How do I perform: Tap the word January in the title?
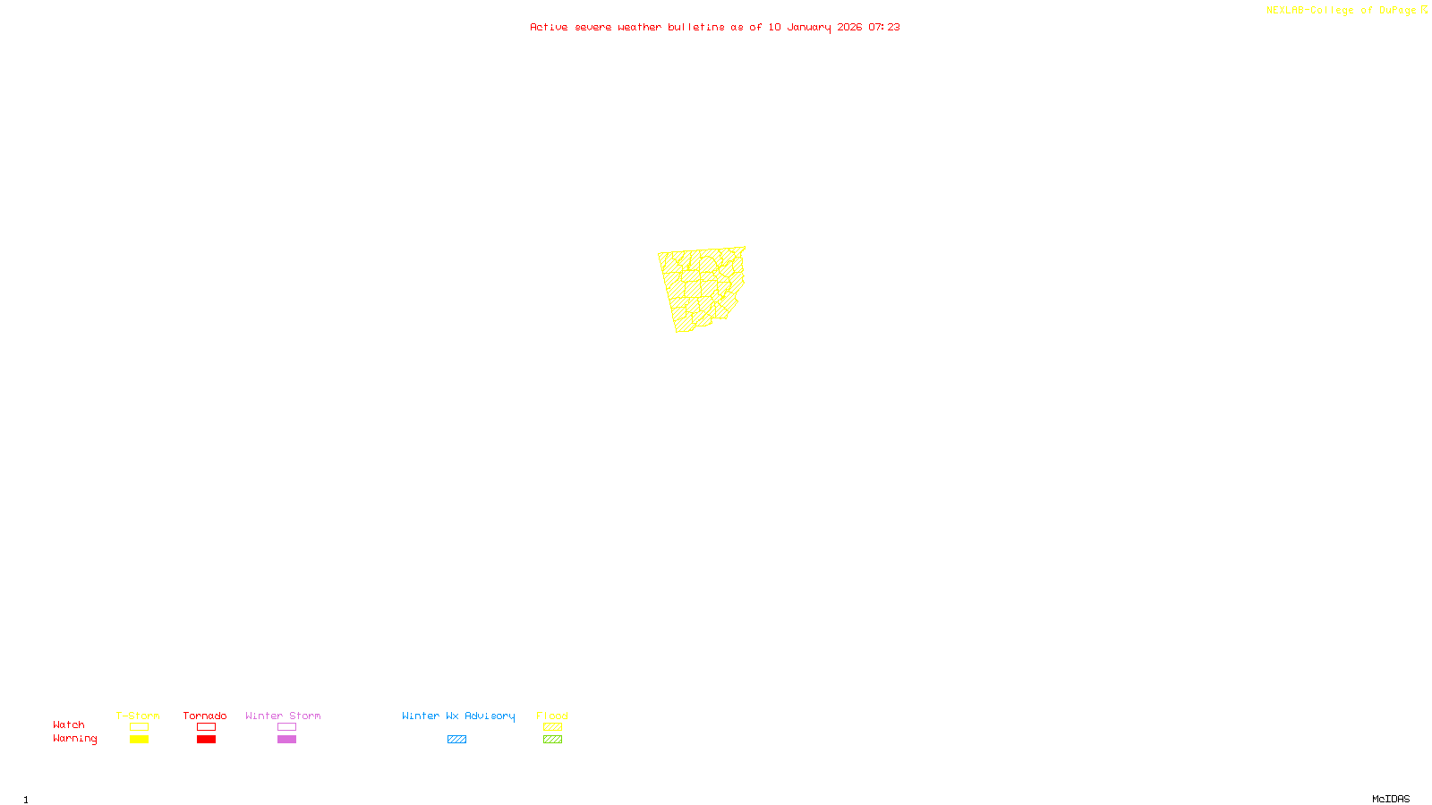tap(809, 27)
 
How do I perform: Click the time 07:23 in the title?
tap(884, 27)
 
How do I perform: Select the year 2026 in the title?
tap(849, 27)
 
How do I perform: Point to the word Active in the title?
tap(548, 27)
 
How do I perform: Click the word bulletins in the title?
tap(696, 27)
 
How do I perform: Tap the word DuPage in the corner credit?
tap(1397, 11)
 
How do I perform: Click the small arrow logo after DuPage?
tap(1424, 10)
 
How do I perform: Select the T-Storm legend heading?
tap(138, 716)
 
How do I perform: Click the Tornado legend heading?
tap(205, 716)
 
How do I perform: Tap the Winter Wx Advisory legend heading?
tap(458, 716)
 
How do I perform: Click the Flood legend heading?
tap(552, 716)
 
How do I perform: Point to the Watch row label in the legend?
tap(69, 724)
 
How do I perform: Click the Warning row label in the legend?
tap(74, 739)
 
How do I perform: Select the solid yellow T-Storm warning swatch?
tap(139, 740)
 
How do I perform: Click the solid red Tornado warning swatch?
tap(206, 740)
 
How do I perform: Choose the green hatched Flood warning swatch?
tap(552, 740)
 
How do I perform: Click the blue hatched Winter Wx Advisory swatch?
tap(456, 740)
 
